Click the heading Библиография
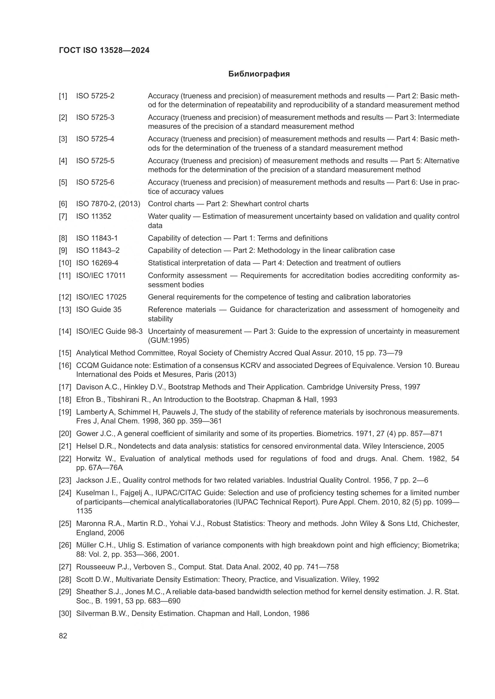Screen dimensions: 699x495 point(259,74)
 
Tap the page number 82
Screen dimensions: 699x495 point(63,636)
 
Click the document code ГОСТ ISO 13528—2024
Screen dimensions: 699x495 point(104,51)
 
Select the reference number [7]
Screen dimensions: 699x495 point(63,216)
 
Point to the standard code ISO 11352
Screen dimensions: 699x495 point(94,216)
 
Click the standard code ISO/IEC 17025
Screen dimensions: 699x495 point(101,297)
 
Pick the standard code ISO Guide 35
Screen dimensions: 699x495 point(99,310)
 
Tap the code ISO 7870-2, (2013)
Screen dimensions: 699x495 point(108,204)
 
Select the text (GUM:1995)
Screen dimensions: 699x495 point(168,340)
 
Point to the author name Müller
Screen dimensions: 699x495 point(86,545)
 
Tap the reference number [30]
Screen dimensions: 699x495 point(65,614)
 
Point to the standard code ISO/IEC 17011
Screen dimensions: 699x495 point(101,276)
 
